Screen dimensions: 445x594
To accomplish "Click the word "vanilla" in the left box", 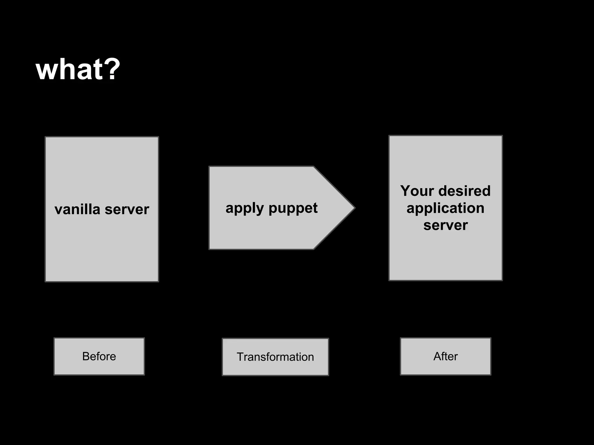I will point(77,209).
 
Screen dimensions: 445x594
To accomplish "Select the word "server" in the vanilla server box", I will point(127,210).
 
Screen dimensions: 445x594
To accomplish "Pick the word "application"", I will point(445,208).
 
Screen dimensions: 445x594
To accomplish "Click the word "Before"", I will point(99,356).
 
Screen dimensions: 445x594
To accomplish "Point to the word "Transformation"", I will point(275,357).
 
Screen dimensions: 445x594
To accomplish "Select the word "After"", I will point(445,356).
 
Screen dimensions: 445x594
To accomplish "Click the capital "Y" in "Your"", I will point(405,191).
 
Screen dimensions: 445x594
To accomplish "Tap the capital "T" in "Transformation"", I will point(240,357).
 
